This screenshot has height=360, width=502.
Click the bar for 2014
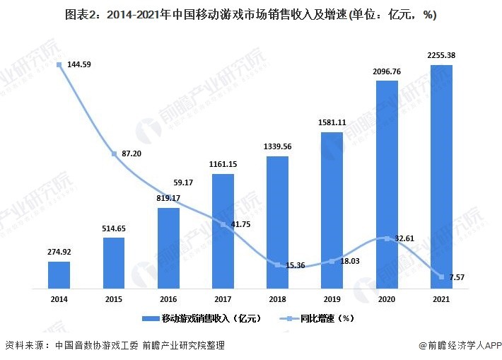click(59, 275)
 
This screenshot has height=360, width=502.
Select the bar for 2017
click(223, 231)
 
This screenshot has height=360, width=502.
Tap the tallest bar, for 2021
click(441, 177)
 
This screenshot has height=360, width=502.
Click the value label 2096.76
click(387, 71)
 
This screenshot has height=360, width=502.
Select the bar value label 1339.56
click(277, 146)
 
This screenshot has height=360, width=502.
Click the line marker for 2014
click(59, 65)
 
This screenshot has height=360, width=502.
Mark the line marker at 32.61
click(386, 238)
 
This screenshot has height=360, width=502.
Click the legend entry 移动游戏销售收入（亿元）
click(201, 318)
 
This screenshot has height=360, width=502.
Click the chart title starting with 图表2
click(251, 14)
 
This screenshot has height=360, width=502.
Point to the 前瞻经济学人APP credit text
click(459, 346)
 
